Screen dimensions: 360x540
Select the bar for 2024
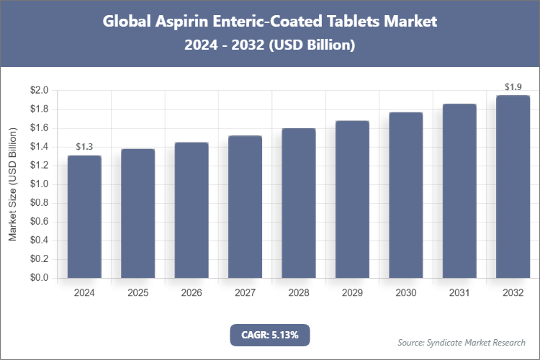coord(84,217)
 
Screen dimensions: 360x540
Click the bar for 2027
coord(245,207)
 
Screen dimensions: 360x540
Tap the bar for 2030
coord(405,195)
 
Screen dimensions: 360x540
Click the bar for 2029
coord(352,199)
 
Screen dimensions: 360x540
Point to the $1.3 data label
coord(84,147)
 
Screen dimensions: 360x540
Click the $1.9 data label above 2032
coord(513,87)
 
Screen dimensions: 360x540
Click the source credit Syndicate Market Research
coord(462,342)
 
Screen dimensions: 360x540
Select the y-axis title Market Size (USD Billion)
coord(12,184)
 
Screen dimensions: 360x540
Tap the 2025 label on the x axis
coord(138,293)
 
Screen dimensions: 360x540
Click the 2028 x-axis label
coord(298,293)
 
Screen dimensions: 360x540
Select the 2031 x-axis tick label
coord(459,293)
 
